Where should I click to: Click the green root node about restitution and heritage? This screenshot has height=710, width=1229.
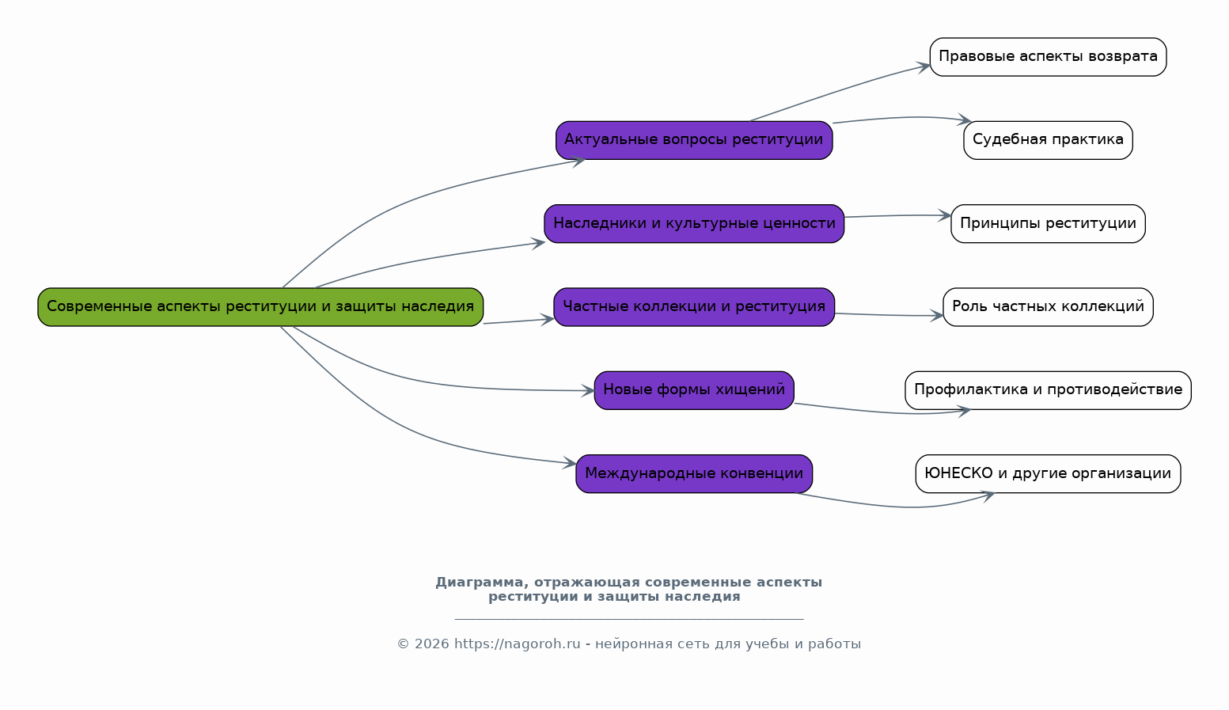coord(260,306)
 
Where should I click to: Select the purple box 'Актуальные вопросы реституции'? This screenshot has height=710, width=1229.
coord(694,140)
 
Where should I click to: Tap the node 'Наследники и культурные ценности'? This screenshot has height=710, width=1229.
coord(694,223)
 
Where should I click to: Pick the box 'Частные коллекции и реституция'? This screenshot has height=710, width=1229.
coord(694,306)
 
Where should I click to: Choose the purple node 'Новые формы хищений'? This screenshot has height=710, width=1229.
coord(694,390)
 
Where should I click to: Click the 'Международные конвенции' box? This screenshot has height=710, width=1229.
coord(694,473)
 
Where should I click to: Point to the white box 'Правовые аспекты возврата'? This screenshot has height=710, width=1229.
coord(1048,56)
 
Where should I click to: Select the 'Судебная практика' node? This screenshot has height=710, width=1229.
coord(1048,140)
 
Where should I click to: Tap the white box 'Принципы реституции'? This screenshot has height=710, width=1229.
coord(1048,223)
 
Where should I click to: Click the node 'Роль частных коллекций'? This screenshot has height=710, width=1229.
coord(1048,306)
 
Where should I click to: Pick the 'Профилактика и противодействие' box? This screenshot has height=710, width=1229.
coord(1048,390)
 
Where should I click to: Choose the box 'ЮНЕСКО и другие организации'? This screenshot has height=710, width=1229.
coord(1048,473)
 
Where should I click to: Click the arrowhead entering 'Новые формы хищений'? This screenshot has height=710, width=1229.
coord(588,391)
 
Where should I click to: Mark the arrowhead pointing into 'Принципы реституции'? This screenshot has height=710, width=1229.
coord(945,215)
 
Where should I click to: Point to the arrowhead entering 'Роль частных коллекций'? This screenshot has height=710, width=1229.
coord(937,316)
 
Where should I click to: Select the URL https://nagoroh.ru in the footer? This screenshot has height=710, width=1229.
coord(517,644)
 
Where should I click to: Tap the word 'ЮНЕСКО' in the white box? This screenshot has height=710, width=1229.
coord(958,473)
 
